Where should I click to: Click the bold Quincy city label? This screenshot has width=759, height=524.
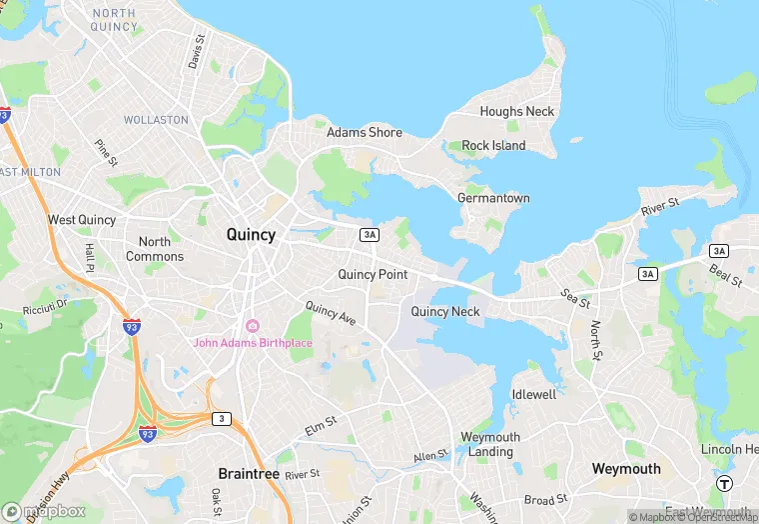(251, 235)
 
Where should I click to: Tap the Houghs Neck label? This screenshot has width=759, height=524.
(516, 112)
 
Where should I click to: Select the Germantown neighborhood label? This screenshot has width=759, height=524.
(493, 198)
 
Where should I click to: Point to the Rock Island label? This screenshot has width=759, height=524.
(493, 146)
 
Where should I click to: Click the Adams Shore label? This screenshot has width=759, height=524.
(365, 132)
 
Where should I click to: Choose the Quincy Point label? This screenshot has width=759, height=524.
(373, 274)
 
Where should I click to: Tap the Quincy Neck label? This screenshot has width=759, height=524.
(445, 311)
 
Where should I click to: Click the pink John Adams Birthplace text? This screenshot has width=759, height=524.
(253, 344)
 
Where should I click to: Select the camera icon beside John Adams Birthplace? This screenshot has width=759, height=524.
(253, 327)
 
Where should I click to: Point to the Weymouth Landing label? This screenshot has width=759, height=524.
(489, 445)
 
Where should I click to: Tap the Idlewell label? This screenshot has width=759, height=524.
(534, 395)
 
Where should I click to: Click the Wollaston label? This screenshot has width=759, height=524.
(156, 120)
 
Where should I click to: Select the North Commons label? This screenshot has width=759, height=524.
(155, 249)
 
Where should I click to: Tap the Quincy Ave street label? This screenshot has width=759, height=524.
(331, 314)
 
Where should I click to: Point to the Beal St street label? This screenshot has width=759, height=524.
(727, 271)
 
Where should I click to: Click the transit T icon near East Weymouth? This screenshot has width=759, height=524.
(723, 483)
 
